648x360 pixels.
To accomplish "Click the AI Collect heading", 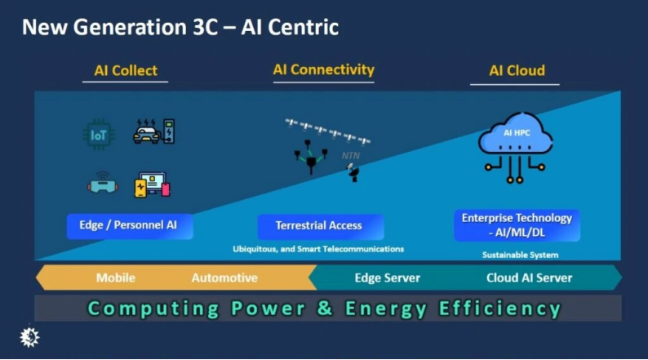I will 126,71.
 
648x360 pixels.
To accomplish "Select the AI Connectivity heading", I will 323,70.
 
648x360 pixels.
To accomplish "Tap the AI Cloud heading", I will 517,71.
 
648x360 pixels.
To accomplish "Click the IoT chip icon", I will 99,134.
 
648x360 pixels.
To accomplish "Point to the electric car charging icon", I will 153,131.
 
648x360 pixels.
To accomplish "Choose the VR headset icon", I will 102,184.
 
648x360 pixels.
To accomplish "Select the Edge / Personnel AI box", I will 131,225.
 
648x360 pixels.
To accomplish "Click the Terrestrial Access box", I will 318,225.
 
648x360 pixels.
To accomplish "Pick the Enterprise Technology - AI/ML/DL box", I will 517,224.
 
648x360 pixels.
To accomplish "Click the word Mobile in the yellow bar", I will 116,278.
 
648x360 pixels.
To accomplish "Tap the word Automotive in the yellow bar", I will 224,278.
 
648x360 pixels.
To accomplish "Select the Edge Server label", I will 387,278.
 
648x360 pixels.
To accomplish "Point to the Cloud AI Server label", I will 529,278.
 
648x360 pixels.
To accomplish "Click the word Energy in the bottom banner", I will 386,309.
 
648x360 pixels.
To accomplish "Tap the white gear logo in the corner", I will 30,336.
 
